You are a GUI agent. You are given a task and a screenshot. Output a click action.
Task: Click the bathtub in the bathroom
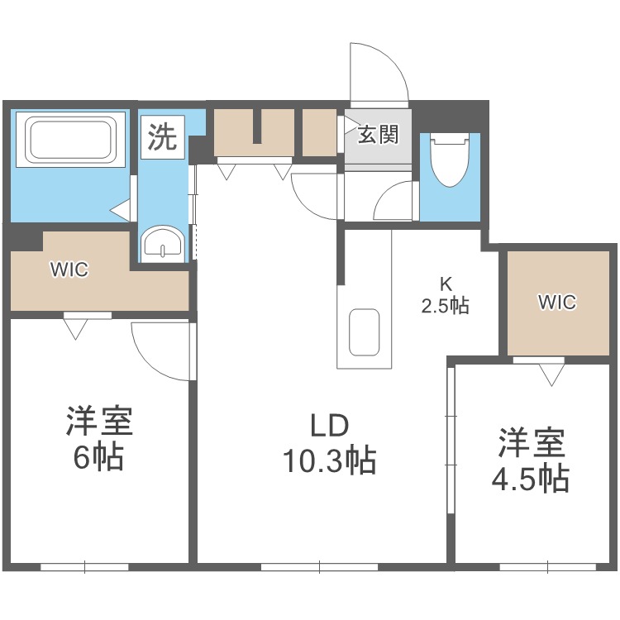pyautogui.click(x=70, y=141)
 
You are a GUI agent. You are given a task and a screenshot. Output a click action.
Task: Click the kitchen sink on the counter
pyautogui.click(x=364, y=331)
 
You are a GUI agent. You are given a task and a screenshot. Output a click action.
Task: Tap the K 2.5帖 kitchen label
pyautogui.click(x=445, y=294)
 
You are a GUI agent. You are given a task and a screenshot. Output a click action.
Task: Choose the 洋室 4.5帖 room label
pyautogui.click(x=532, y=460)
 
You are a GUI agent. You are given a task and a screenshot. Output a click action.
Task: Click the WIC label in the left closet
pyautogui.click(x=69, y=269)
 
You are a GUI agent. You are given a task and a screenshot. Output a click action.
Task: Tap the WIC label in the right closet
pyautogui.click(x=556, y=303)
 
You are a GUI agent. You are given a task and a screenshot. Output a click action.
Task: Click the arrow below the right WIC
pyautogui.click(x=551, y=376)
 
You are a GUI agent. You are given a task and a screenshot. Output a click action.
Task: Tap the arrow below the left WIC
pyautogui.click(x=76, y=329)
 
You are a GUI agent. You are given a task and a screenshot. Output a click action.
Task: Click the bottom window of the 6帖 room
pyautogui.click(x=84, y=567)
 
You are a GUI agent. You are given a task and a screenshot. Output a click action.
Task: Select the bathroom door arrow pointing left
pyautogui.click(x=120, y=210)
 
